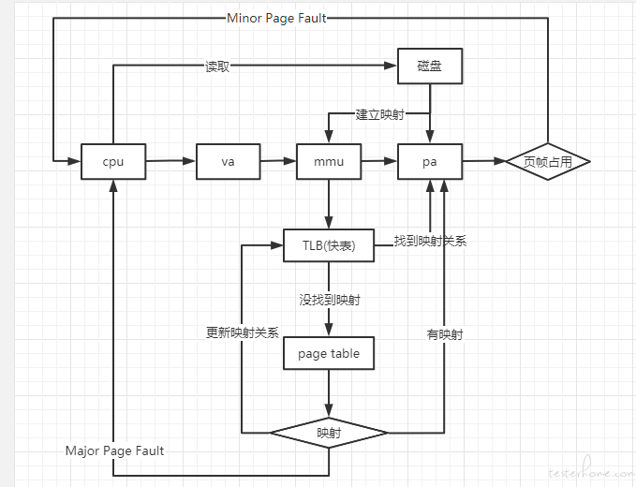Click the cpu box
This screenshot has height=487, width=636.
pos(113,161)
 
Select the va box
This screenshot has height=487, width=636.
pos(229,161)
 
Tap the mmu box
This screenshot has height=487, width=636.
pos(329,161)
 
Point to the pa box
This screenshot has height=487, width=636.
pos(430,161)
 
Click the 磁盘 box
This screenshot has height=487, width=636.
pos(430,66)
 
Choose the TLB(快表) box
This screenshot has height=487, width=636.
pos(329,245)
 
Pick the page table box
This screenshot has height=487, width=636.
pos(329,353)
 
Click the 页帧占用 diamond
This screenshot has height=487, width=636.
pos(548,161)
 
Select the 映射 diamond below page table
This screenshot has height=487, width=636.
pos(329,433)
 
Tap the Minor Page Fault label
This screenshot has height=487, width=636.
pos(276,18)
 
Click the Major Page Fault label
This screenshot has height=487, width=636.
pos(115,450)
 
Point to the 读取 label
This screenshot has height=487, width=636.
pos(217,66)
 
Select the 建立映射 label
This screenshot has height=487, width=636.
pos(380,114)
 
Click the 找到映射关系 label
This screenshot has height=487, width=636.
pos(430,242)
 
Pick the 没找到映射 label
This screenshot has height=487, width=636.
pos(330,300)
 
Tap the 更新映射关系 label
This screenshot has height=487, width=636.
pos(243,332)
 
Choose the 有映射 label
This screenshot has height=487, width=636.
pos(445,334)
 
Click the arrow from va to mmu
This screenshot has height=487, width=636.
pos(278,161)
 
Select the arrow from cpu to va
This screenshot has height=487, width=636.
pos(171,161)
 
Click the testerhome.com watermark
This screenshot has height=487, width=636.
pos(591,470)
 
